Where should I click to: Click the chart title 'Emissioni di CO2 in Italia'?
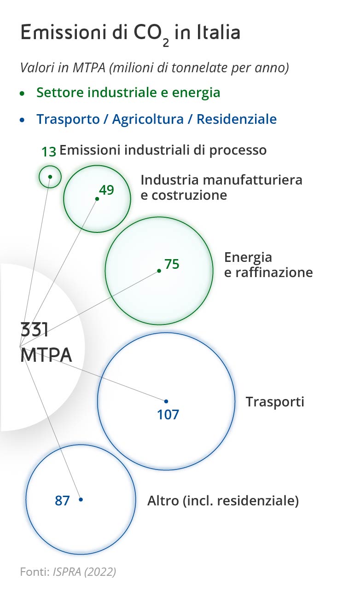130,34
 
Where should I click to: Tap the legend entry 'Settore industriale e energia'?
128,93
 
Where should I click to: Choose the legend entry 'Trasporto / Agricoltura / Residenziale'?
157,119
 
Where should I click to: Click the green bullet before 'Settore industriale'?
22,93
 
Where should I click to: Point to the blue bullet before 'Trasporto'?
22,120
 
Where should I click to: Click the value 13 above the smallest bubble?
48,151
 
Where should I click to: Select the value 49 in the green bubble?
106,190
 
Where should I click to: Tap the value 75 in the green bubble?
172,264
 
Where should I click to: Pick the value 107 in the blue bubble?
168,414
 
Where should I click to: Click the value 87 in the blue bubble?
62,500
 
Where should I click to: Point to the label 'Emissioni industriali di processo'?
163,150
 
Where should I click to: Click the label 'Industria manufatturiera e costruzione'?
221,187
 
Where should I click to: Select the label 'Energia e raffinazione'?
268,265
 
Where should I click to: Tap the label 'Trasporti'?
275,401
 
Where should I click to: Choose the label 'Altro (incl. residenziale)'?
223,500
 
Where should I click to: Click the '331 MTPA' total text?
46,343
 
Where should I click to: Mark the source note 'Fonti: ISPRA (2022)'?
68,572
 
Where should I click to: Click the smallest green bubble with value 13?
50,177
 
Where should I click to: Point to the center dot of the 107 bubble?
166,401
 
